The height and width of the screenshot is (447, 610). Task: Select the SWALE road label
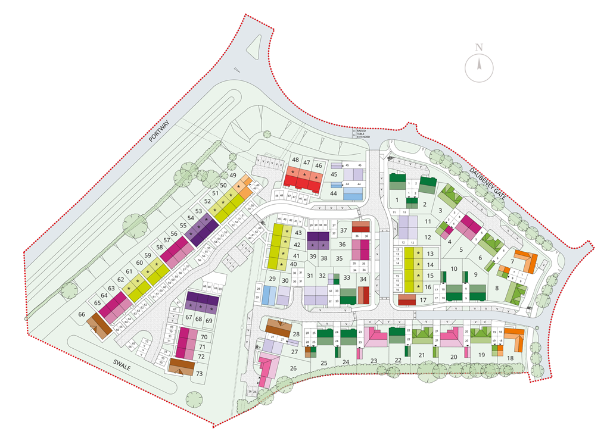(x=121, y=365)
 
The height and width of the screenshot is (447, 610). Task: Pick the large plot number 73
(x=199, y=373)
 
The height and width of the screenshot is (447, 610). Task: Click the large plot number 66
(x=82, y=314)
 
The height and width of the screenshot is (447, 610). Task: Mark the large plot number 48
(x=295, y=160)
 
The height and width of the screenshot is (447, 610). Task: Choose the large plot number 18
(x=510, y=358)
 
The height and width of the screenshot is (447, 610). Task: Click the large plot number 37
(x=344, y=230)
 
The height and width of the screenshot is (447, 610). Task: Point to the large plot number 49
(x=233, y=175)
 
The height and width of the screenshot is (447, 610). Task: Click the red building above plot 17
(x=407, y=299)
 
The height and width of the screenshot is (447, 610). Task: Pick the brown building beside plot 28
(x=276, y=327)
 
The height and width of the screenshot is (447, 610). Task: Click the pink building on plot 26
(x=269, y=364)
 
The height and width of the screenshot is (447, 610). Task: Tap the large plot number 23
(x=374, y=361)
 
